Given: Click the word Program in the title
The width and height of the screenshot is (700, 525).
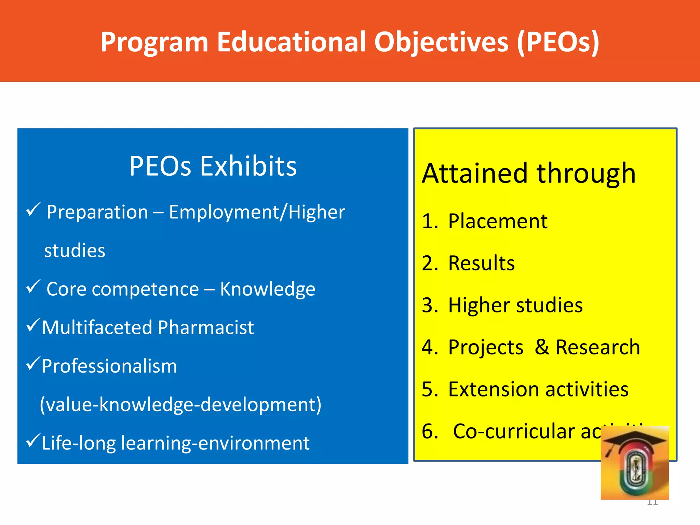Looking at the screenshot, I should [154, 42].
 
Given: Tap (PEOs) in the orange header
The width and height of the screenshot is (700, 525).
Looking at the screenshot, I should [558, 42].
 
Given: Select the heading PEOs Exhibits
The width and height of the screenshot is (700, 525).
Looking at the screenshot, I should [213, 166].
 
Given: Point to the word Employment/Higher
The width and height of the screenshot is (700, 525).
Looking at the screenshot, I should [257, 212].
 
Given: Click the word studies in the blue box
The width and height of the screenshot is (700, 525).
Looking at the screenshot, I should [75, 251].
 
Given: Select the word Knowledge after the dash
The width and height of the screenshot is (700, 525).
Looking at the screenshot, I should [267, 290].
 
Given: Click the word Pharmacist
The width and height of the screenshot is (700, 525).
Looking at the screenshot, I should [206, 328].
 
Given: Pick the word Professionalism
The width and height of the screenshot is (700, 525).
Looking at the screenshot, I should [109, 366].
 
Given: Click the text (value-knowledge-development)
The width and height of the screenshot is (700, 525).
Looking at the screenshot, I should [180, 405].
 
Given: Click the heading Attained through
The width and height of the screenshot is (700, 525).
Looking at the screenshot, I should [528, 173].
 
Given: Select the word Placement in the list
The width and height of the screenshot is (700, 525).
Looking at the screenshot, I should [498, 221].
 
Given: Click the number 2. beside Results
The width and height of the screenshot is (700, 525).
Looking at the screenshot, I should [430, 263].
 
